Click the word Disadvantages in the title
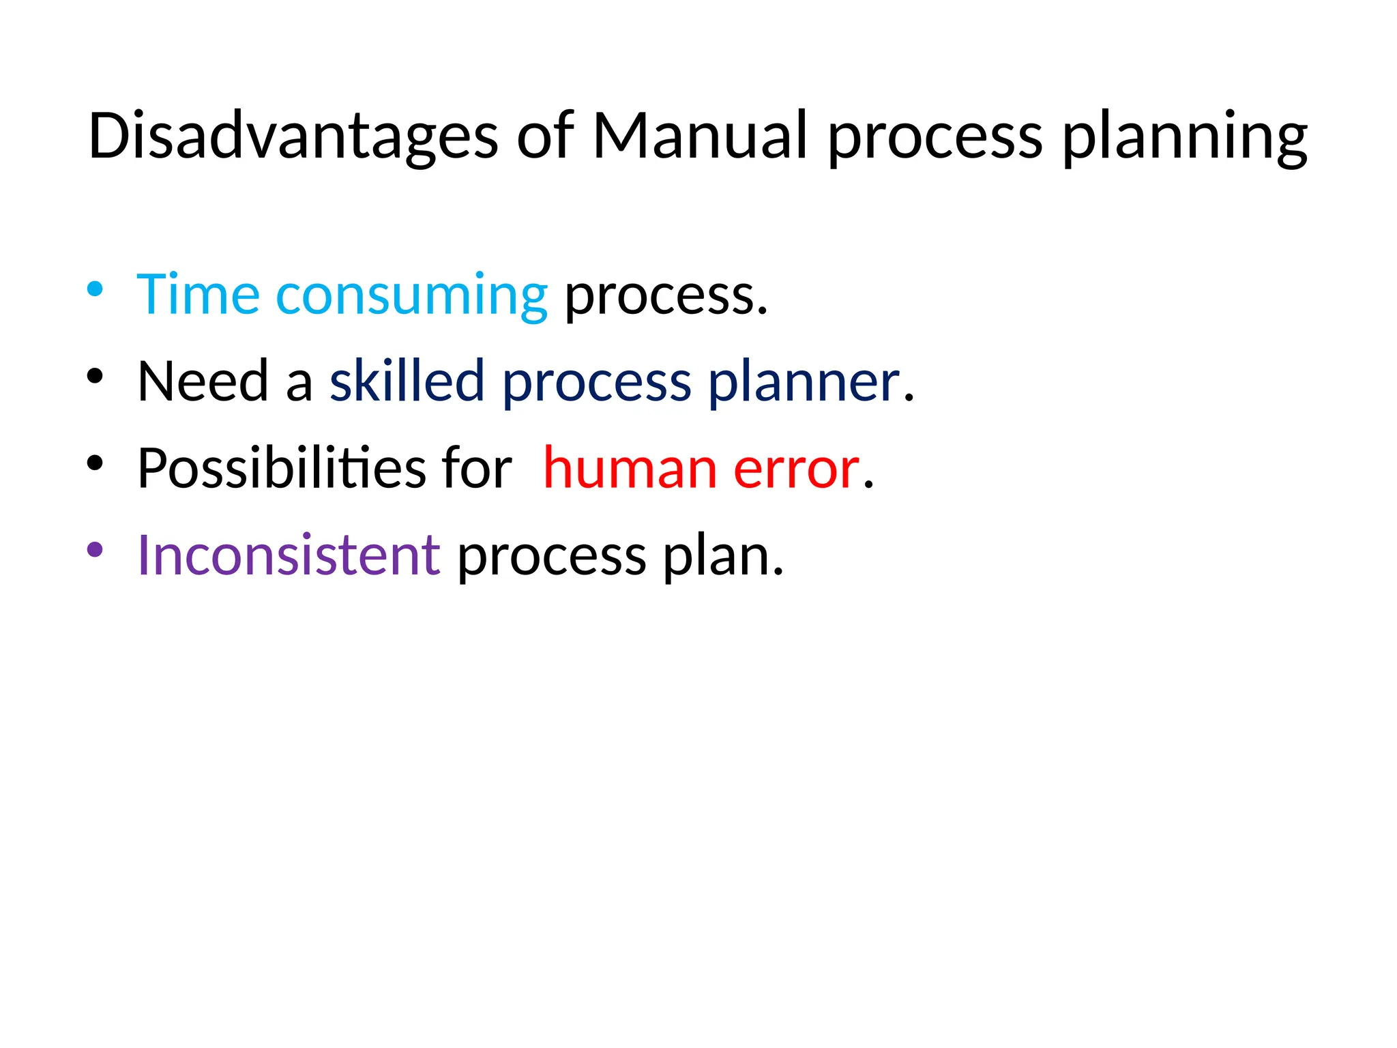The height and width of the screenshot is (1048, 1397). click(x=293, y=136)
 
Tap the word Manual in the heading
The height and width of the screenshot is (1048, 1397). click(x=700, y=136)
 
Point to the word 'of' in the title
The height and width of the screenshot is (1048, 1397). click(x=546, y=136)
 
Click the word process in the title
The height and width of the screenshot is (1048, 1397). click(x=935, y=140)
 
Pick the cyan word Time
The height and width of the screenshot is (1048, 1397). click(x=198, y=295)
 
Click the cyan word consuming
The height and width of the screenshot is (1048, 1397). click(x=411, y=297)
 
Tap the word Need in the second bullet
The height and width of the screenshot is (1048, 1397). click(x=203, y=381)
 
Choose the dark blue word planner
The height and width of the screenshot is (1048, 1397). click(x=804, y=383)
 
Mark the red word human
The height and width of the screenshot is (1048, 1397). click(x=630, y=469)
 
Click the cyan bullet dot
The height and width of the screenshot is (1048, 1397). click(x=95, y=289)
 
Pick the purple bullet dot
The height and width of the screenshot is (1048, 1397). click(x=95, y=549)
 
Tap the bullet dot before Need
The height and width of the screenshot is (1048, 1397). click(x=95, y=375)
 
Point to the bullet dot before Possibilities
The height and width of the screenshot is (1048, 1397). click(x=95, y=463)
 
